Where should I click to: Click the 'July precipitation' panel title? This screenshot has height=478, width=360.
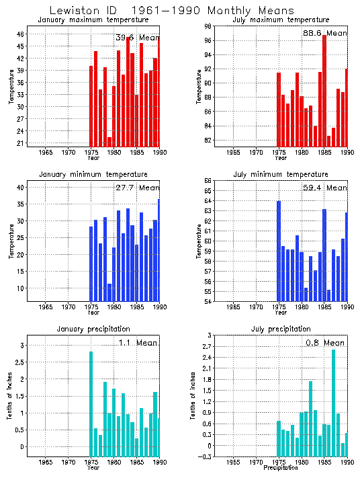click(x=275, y=329)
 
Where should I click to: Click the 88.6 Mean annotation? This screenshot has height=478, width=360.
click(x=325, y=32)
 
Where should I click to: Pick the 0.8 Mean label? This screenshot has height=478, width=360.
click(x=325, y=343)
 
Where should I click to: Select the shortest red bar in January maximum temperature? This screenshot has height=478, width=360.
click(x=109, y=141)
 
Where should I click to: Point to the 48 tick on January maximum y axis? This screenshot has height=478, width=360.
click(x=21, y=34)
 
